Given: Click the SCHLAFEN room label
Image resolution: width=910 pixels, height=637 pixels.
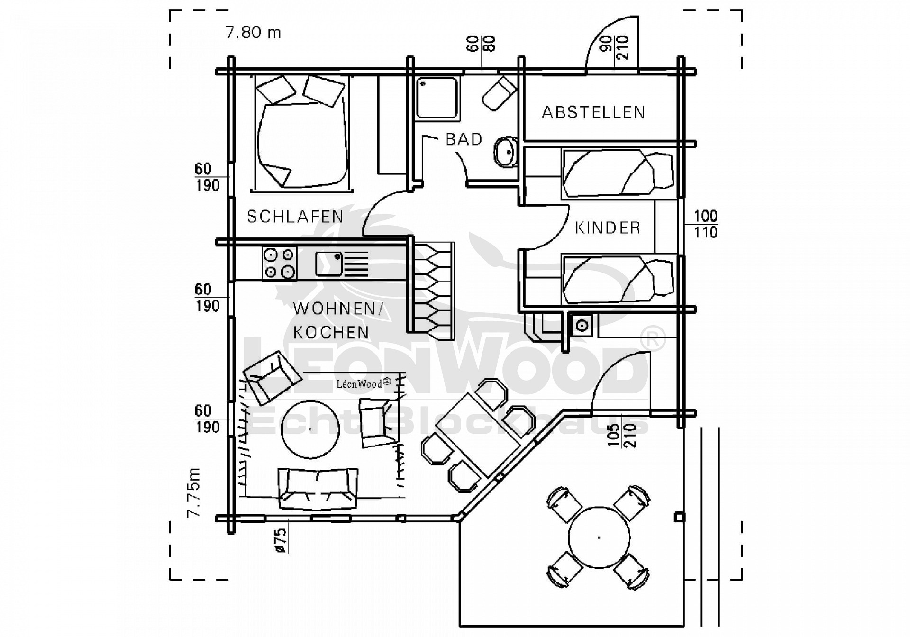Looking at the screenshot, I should (295, 217).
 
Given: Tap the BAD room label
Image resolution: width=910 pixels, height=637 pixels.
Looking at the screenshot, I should (464, 139).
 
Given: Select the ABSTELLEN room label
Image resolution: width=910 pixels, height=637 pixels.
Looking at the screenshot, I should (593, 112).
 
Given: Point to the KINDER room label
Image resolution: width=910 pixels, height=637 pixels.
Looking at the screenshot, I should (608, 228).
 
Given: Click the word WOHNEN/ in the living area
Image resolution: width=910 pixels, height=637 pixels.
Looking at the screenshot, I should (337, 309).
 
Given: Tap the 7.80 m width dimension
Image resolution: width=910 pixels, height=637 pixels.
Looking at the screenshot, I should (253, 33).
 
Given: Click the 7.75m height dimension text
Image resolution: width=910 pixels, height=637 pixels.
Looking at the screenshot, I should (194, 492).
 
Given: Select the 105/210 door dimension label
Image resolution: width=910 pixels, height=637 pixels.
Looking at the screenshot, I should (621, 435).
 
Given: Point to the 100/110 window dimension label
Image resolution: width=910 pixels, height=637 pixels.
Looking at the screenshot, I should (705, 224).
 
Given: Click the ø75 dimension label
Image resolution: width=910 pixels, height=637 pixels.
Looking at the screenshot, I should (281, 540).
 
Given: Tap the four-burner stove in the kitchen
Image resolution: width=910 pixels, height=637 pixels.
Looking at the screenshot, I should (279, 263).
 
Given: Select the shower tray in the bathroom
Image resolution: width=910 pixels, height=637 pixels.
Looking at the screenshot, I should (437, 99).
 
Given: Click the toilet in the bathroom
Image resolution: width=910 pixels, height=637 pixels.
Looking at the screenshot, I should (499, 94).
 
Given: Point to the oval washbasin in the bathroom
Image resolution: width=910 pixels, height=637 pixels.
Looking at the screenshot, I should (506, 152).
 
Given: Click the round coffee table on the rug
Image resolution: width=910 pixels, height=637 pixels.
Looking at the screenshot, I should (310, 429).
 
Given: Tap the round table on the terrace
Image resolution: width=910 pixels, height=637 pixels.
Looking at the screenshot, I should (599, 537).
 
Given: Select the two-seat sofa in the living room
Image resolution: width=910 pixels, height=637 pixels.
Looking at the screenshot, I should (318, 488).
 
